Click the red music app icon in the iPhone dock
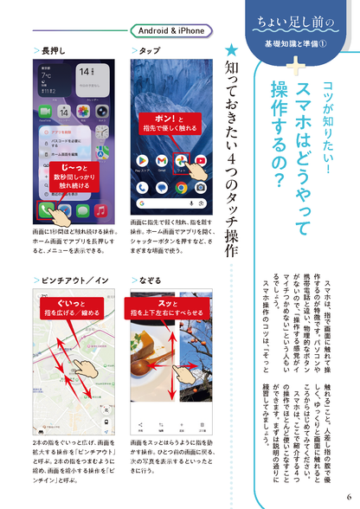[101, 210]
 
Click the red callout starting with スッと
[169, 307]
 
